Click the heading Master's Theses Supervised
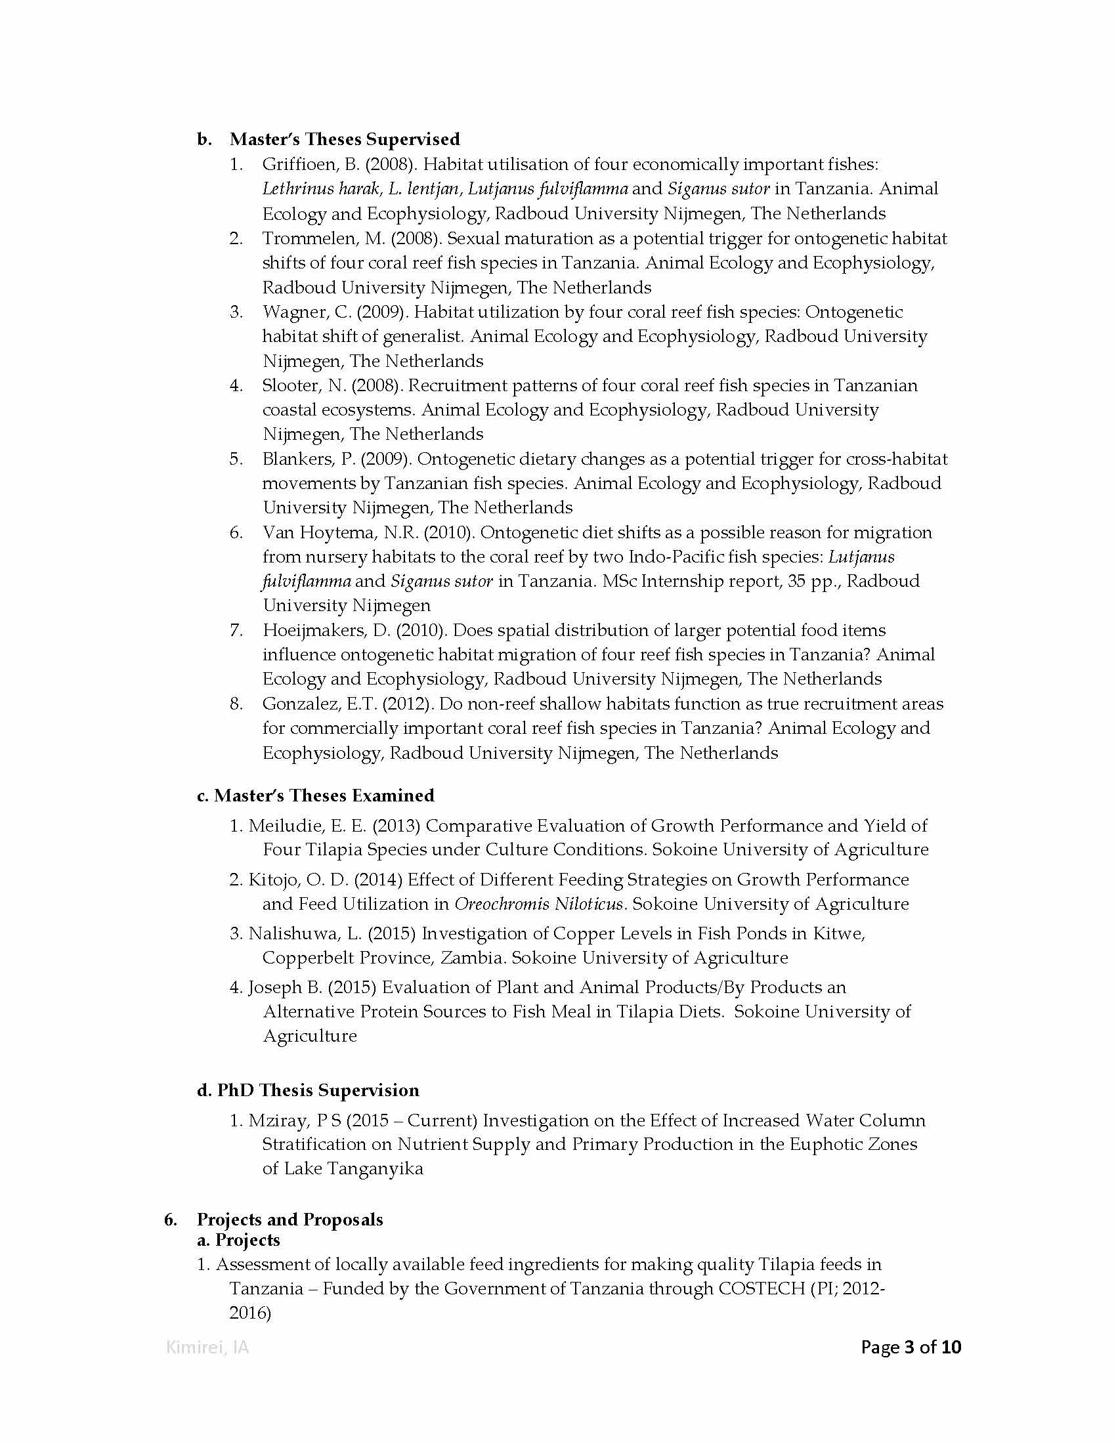coord(345,140)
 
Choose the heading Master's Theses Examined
coord(324,796)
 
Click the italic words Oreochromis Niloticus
coord(539,904)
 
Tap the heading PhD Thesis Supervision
coord(318,1090)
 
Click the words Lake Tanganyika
coord(354,1168)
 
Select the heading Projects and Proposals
coord(290,1220)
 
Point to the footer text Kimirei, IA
coord(207,1347)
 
